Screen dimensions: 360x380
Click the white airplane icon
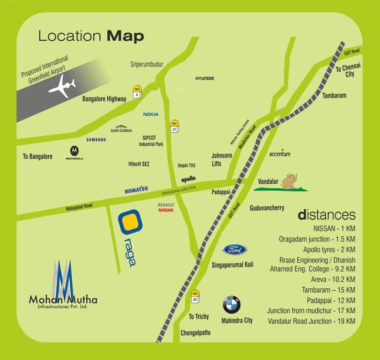coord(62,87)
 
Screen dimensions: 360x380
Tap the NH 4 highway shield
coord(137,91)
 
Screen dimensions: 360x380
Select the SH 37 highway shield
coord(174,127)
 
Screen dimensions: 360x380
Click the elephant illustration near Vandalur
coord(289,181)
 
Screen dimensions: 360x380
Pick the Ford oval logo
coord(235,250)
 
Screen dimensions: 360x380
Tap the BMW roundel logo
coord(231,305)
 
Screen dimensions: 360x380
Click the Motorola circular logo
coord(74,151)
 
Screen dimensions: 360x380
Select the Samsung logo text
coord(96,140)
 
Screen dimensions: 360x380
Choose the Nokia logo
coord(151,114)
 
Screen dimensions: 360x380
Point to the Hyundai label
coord(205,78)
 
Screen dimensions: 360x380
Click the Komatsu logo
coord(136,190)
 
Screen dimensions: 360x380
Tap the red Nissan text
coord(166,210)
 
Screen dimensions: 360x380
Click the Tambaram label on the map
coord(334,96)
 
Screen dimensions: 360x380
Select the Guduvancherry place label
coord(267,208)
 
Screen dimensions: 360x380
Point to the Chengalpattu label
coord(195,333)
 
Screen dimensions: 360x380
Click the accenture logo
coord(280,154)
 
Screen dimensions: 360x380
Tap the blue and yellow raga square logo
coord(130,222)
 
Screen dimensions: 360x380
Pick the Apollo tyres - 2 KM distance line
coord(329,249)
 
